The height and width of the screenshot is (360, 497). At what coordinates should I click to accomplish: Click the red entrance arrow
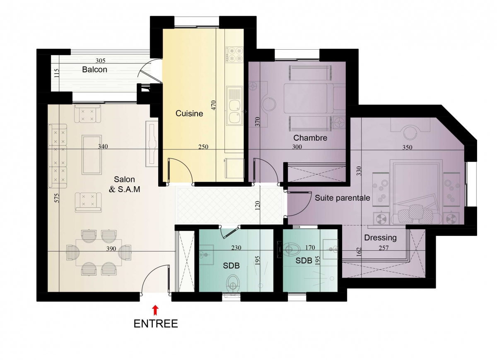(x=155, y=310)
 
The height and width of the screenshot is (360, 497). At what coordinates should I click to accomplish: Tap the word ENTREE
(x=156, y=324)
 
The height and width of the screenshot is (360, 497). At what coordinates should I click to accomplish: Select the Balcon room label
(x=94, y=70)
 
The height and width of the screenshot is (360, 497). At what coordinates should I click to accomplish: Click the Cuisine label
(x=189, y=113)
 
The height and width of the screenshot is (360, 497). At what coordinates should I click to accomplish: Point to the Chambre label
(x=310, y=138)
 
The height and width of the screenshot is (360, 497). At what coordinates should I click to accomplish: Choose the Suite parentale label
(x=343, y=198)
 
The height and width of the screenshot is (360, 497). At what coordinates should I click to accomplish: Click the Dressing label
(x=380, y=238)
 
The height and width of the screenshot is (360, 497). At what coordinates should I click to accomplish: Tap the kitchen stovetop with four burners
(x=234, y=55)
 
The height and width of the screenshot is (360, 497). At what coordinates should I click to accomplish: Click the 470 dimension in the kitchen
(x=213, y=105)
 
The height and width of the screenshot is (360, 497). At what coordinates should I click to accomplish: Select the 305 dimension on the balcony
(x=101, y=60)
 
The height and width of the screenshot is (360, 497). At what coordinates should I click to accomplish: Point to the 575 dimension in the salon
(x=57, y=198)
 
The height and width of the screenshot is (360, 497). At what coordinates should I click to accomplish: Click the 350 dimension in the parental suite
(x=408, y=147)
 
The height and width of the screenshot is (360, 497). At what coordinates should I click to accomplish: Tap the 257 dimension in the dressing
(x=384, y=248)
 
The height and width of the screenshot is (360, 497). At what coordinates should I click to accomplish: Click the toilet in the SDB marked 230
(x=233, y=283)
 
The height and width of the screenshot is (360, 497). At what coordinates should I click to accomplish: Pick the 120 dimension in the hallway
(x=257, y=206)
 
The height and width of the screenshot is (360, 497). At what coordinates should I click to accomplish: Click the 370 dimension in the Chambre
(x=257, y=122)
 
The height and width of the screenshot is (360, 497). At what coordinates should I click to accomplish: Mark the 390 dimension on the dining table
(x=111, y=249)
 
